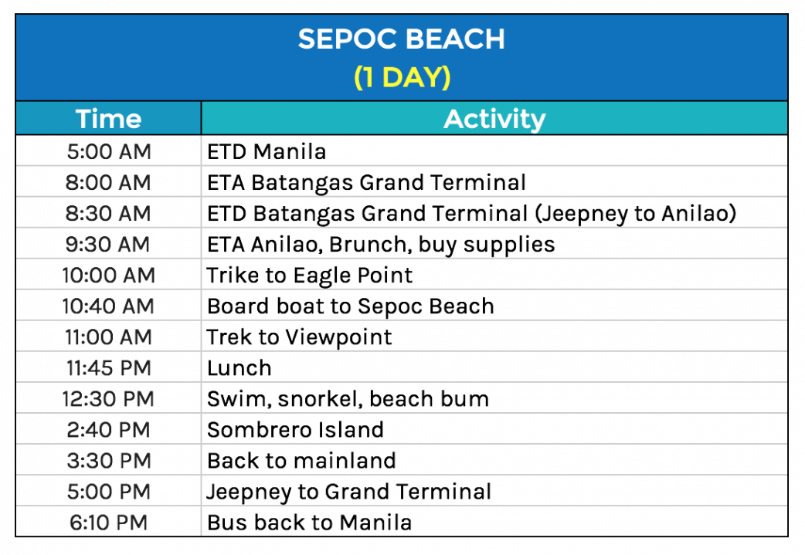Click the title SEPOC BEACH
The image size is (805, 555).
coord(402,39)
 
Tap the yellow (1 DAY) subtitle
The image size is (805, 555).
coord(402,77)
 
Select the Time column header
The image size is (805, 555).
coord(108,119)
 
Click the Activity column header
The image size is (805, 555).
coord(494,119)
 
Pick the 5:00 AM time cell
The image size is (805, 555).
coord(109,152)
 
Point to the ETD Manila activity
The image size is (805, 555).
coord(267,152)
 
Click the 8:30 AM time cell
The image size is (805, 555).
coord(108,213)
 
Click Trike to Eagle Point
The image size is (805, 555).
coord(310,276)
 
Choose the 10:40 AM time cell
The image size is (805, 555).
coord(108,306)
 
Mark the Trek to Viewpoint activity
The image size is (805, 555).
coord(299,337)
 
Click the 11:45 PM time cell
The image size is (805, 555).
coord(108,368)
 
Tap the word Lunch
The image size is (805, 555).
coord(239,368)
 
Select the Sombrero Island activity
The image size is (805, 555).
coord(295,430)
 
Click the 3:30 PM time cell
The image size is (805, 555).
coord(109,461)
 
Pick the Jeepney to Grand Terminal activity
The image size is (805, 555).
coord(349,492)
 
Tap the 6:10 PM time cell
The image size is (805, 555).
coord(108,523)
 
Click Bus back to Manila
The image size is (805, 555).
coord(310,523)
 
